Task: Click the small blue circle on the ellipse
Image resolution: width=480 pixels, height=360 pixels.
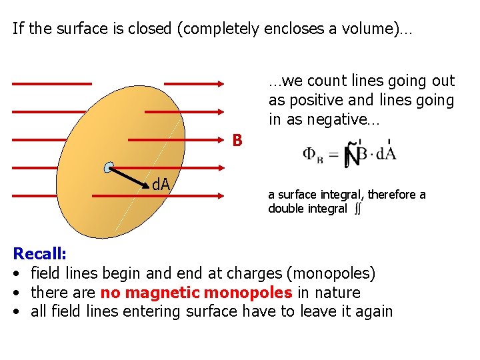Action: point(109,168)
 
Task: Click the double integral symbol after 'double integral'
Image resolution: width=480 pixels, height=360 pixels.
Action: point(358,209)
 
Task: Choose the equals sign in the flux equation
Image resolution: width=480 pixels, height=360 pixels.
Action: point(334,155)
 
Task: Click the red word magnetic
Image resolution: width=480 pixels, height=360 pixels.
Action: point(163,293)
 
